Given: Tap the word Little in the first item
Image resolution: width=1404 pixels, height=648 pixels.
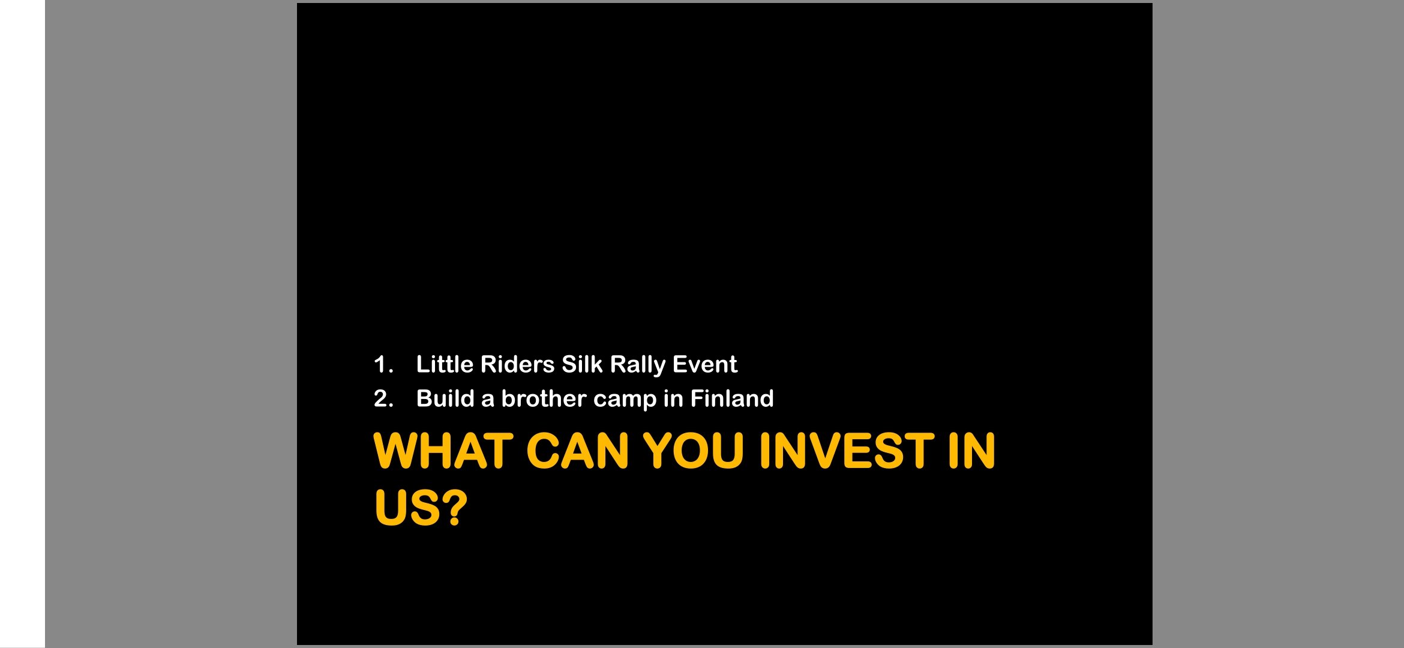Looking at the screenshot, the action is [445, 364].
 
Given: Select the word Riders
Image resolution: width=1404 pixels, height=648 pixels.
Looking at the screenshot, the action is [517, 364].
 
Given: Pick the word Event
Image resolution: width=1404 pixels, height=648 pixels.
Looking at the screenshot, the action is [705, 364].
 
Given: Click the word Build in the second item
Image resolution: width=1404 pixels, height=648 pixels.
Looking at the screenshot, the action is [445, 398].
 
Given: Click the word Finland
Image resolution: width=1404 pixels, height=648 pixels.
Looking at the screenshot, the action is [732, 398].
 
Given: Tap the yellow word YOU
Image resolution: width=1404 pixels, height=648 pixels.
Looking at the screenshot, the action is [694, 451].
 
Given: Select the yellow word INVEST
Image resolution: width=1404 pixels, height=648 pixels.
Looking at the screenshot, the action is [847, 451].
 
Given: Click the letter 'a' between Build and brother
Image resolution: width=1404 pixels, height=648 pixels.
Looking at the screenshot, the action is [488, 400].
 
